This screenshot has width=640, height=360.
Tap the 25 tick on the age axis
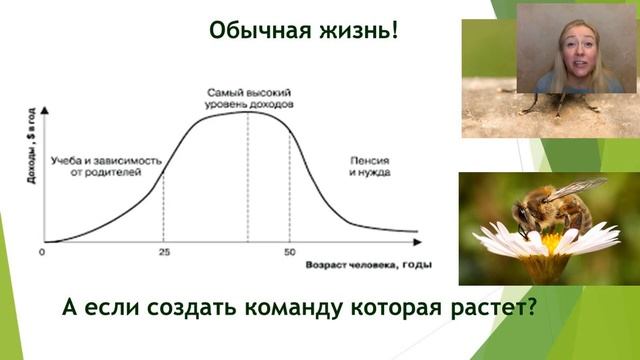164,252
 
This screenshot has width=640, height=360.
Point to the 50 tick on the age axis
290,252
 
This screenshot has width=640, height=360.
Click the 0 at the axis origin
43,252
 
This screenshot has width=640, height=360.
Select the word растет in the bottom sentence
490,305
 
